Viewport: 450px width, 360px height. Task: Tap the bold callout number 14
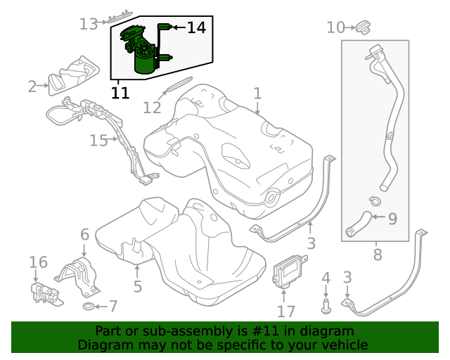click(196, 27)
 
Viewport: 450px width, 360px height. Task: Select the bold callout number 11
click(120, 93)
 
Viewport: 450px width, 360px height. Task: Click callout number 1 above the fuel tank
click(257, 93)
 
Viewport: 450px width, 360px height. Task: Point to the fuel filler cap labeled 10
click(363, 27)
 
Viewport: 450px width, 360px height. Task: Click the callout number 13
click(88, 24)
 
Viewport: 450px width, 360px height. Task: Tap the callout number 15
click(98, 141)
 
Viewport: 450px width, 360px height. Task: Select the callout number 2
click(32, 86)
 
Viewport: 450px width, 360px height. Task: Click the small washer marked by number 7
click(89, 307)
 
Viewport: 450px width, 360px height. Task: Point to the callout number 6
click(84, 234)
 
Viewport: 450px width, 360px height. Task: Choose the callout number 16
click(38, 262)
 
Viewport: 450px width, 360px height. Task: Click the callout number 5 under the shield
click(138, 286)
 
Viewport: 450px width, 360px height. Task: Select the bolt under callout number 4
click(326, 305)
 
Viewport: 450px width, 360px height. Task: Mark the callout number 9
click(392, 218)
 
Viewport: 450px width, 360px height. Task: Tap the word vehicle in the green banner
click(344, 345)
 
